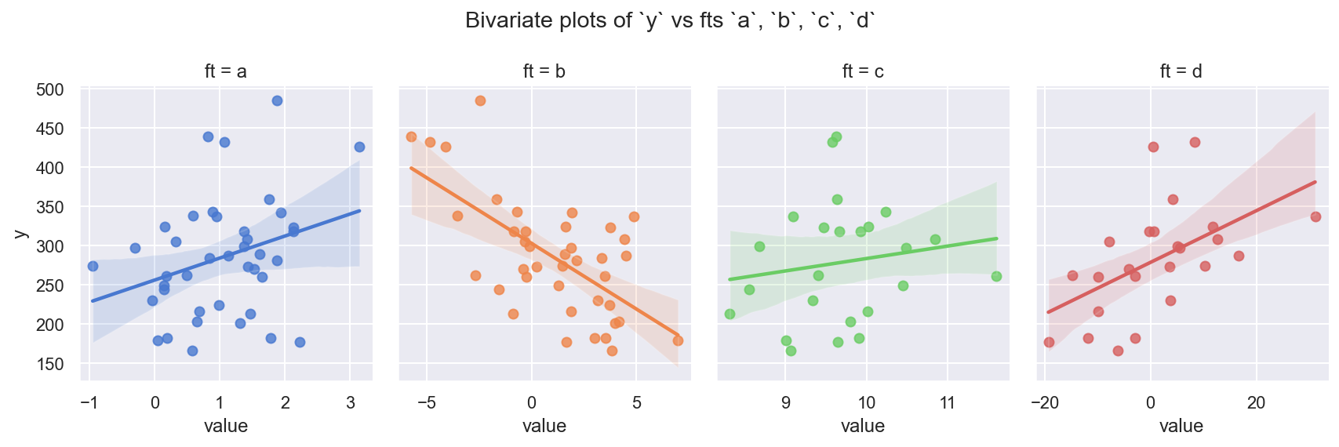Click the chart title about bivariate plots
click(x=669, y=20)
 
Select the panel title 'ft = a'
click(x=226, y=71)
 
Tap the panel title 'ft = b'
click(x=544, y=71)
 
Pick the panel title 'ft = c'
click(x=863, y=71)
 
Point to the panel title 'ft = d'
click(x=1181, y=71)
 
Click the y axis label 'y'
click(x=21, y=233)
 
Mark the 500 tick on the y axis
click(x=49, y=89)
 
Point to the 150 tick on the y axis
click(x=49, y=364)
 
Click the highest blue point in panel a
click(x=277, y=100)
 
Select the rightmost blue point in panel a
click(x=359, y=147)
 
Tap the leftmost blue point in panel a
click(x=93, y=266)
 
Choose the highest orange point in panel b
click(x=480, y=100)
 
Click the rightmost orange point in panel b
click(x=678, y=340)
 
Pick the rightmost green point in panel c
click(x=996, y=276)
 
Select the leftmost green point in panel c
click(x=730, y=314)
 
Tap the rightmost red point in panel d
click(x=1315, y=216)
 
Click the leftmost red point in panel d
click(x=1049, y=342)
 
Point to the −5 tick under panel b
click(x=426, y=403)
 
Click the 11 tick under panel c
click(x=947, y=403)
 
